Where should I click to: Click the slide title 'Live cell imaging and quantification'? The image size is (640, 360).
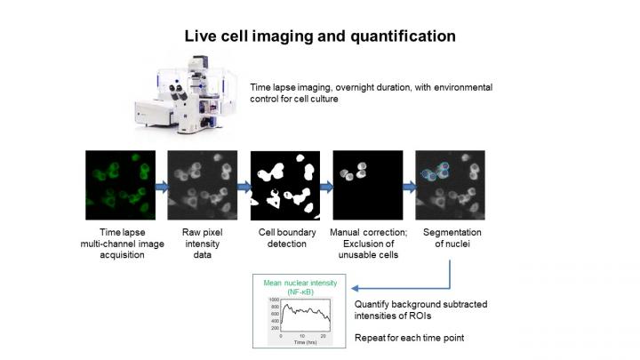[319, 36]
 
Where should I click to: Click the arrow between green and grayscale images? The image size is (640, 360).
[160, 188]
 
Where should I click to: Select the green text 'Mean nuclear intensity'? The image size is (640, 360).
[298, 284]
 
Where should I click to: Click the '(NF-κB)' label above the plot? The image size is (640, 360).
[298, 292]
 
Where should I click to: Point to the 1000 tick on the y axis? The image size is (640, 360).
[273, 300]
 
